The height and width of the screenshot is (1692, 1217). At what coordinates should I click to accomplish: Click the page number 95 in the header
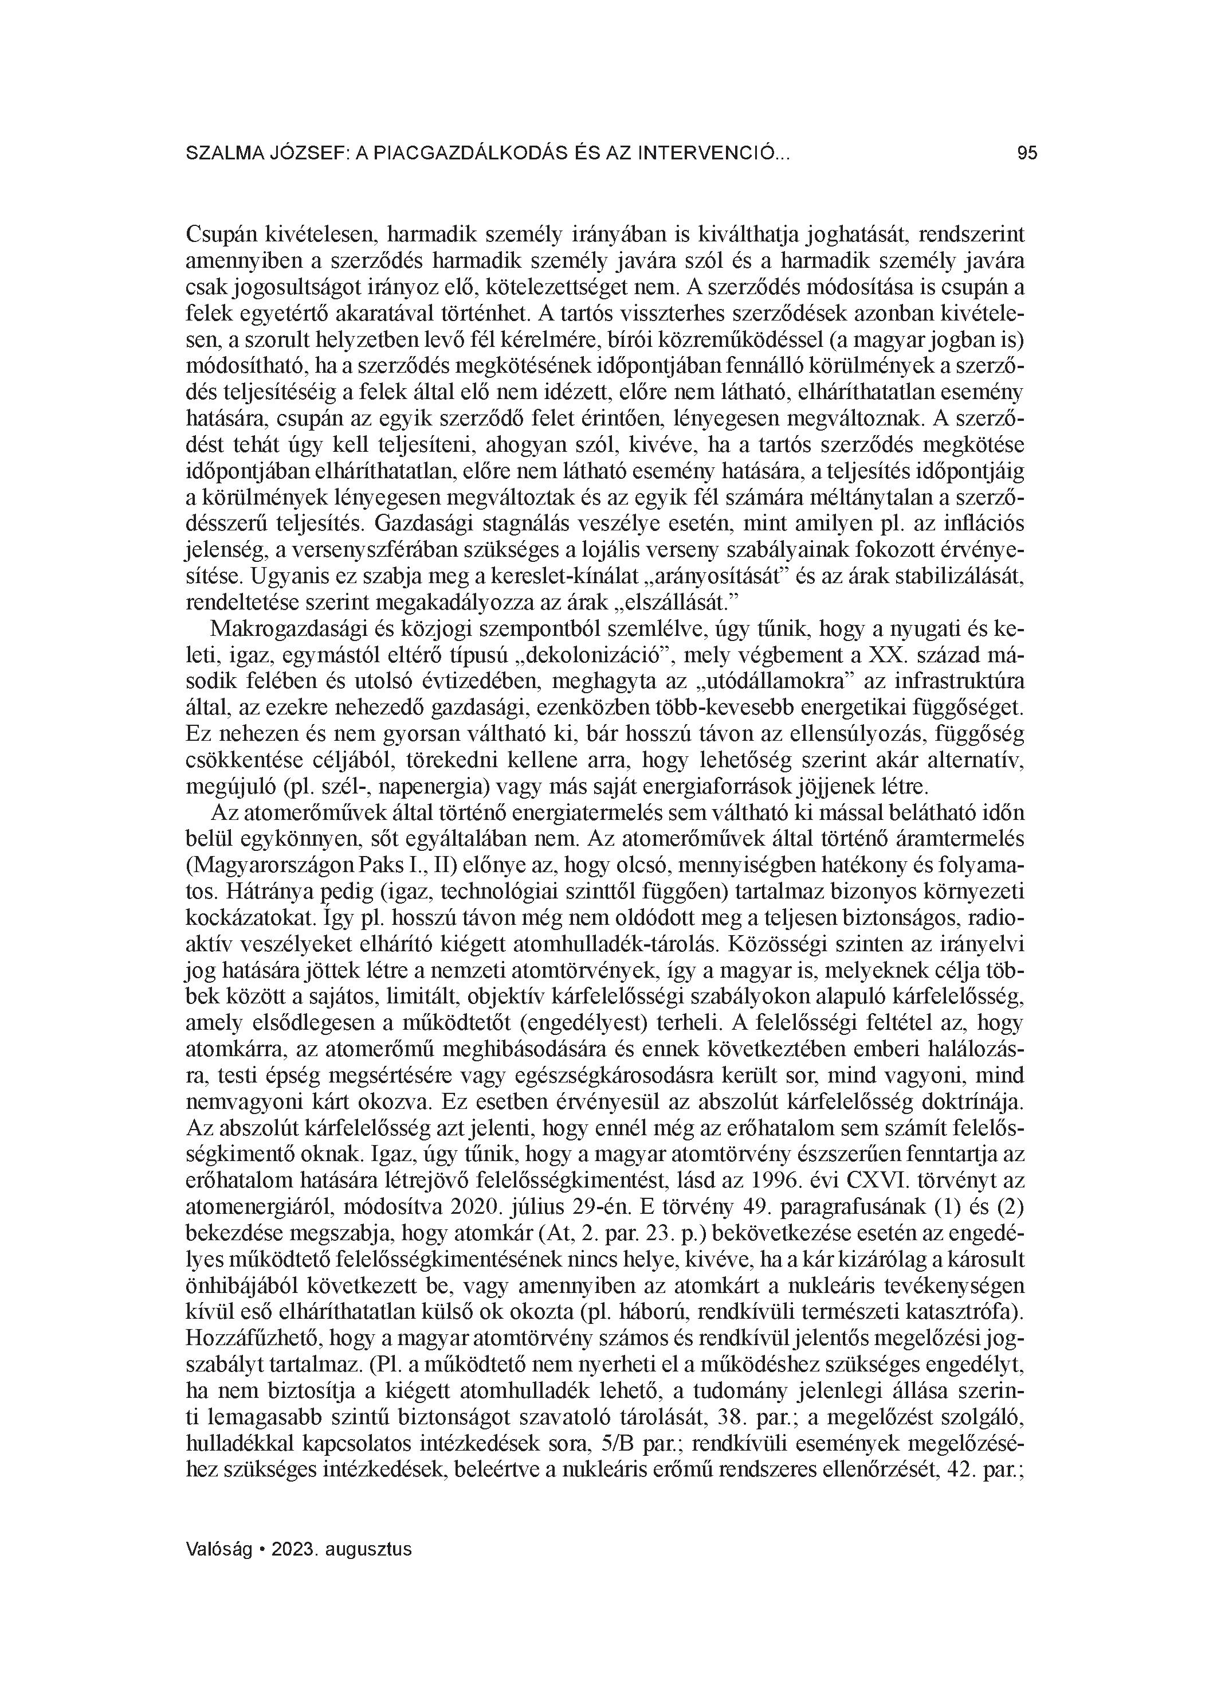pyautogui.click(x=1027, y=154)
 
